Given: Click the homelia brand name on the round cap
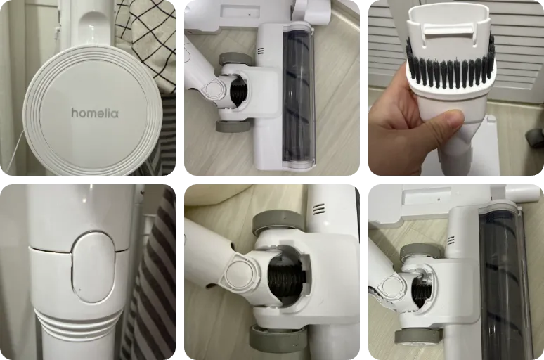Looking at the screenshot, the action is point(95,112).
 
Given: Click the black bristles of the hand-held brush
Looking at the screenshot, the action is point(451,72).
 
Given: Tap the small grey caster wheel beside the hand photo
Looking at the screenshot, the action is point(535,138).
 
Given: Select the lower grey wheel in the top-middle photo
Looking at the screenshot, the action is point(232,127).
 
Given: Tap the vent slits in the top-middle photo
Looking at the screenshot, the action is point(261,51).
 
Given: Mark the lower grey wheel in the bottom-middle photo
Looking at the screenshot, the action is point(275,339).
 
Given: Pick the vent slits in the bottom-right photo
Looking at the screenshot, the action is point(451,240).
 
